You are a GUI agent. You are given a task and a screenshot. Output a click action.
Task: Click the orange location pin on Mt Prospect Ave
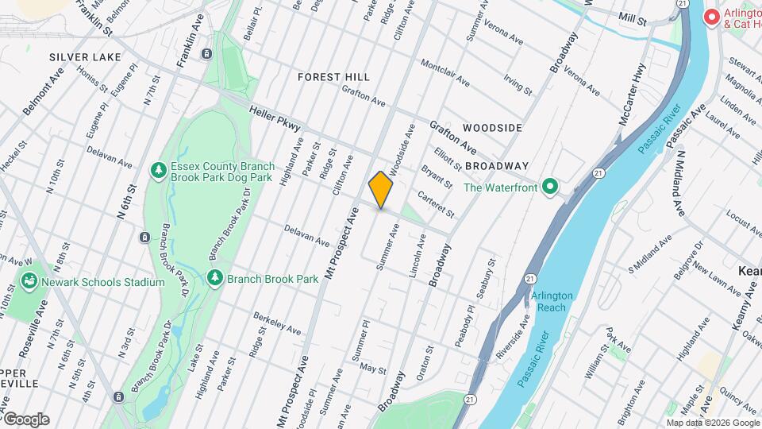coord(381,190)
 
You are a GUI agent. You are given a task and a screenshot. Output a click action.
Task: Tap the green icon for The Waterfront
coord(548,188)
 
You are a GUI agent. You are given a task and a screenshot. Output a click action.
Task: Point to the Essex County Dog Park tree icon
coord(159,171)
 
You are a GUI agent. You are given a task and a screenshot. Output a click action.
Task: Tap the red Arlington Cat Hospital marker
coord(712,17)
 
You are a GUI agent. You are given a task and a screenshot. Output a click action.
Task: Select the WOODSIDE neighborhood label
coord(492,128)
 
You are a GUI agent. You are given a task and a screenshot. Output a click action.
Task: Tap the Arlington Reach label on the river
coord(552,301)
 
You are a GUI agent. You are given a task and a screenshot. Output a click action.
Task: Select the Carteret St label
coord(436,206)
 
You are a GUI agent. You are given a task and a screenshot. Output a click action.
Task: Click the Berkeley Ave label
coord(277,323)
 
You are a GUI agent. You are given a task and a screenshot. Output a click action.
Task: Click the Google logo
coord(26,419)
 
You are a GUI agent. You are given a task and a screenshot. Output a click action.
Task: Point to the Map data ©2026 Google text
coord(712,423)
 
